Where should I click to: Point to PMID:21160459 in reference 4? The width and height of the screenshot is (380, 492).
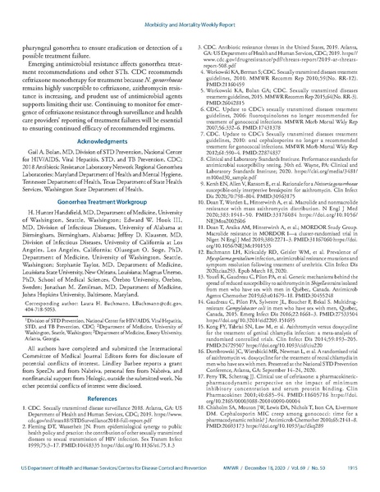pyautogui.click(x=231, y=82)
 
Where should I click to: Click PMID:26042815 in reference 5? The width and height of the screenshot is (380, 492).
pyautogui.click(x=231, y=102)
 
